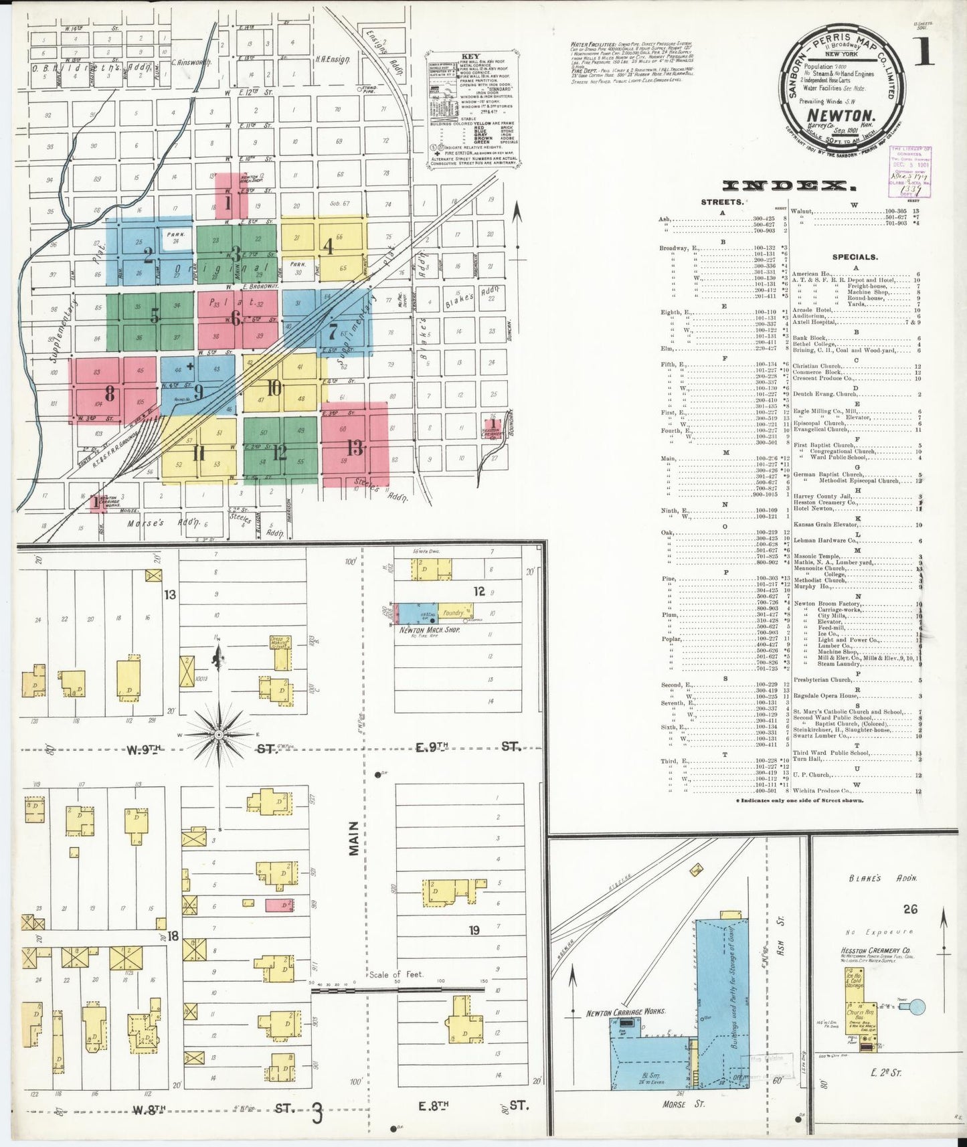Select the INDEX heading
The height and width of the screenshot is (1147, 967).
pyautogui.click(x=789, y=185)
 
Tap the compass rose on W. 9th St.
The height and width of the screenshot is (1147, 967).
pyautogui.click(x=219, y=734)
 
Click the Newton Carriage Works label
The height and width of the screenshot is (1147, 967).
pyautogui.click(x=625, y=1012)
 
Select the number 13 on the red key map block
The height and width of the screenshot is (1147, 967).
pyautogui.click(x=355, y=447)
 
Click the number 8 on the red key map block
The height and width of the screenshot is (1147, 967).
pyautogui.click(x=109, y=393)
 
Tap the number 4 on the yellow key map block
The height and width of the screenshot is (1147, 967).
pyautogui.click(x=328, y=246)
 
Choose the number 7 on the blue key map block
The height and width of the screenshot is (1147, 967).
pyautogui.click(x=333, y=331)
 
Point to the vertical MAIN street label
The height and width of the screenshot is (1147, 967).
pyautogui.click(x=353, y=839)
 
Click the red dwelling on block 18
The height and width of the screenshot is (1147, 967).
pyautogui.click(x=279, y=905)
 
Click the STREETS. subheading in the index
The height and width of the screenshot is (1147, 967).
pyautogui.click(x=721, y=201)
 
